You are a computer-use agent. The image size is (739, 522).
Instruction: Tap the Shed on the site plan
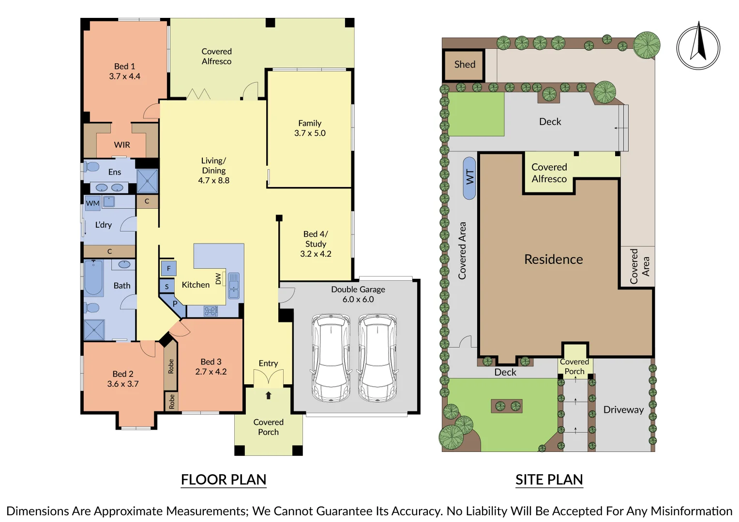(x=464, y=65)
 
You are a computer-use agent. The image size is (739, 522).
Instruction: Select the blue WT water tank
(x=469, y=178)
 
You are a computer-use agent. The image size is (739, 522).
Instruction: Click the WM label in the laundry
(x=93, y=203)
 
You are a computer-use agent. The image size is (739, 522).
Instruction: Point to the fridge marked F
(x=168, y=269)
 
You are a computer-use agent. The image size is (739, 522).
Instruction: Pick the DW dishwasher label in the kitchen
(x=218, y=279)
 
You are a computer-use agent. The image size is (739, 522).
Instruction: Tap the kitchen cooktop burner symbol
(x=211, y=311)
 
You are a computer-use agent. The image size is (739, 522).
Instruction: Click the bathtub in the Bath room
(x=94, y=277)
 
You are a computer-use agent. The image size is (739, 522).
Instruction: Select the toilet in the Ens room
(x=92, y=167)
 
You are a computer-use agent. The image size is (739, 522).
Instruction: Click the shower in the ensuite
(x=148, y=181)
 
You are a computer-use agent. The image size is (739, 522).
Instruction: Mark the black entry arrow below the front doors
(x=269, y=395)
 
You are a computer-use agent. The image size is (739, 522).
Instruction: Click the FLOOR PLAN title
(x=224, y=479)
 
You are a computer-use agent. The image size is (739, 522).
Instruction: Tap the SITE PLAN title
(x=549, y=479)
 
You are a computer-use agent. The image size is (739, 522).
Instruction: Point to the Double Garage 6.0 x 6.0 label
(x=358, y=294)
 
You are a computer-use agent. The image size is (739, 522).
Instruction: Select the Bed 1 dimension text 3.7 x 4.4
(x=125, y=76)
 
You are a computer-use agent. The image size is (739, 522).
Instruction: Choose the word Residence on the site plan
(x=554, y=260)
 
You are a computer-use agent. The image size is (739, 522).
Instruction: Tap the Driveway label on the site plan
(x=623, y=410)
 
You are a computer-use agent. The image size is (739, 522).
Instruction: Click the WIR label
(x=122, y=145)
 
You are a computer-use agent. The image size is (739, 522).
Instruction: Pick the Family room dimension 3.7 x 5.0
(x=310, y=133)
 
